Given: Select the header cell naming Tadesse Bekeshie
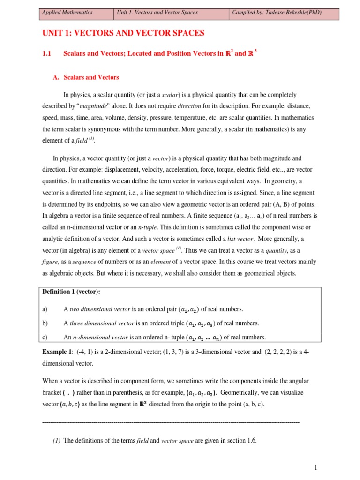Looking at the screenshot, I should [x=277, y=13].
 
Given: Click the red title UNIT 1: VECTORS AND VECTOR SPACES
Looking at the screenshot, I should [x=123, y=33].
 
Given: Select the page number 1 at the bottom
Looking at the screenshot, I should [x=316, y=467].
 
